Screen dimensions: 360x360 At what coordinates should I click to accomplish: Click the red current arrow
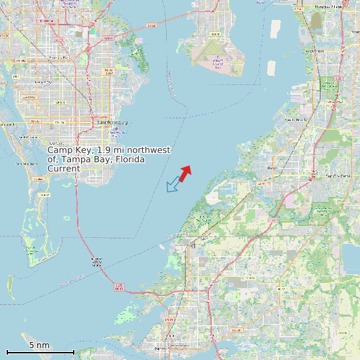185,172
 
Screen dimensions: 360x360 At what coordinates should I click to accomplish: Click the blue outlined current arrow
173,185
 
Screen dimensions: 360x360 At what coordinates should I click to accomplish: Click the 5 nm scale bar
40,351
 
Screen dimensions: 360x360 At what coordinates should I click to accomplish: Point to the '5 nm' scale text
39,345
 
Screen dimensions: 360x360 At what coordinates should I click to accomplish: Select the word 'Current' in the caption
64,169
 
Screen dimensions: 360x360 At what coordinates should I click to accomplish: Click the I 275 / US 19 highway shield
119,287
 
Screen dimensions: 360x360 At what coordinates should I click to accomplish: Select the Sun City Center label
337,176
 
